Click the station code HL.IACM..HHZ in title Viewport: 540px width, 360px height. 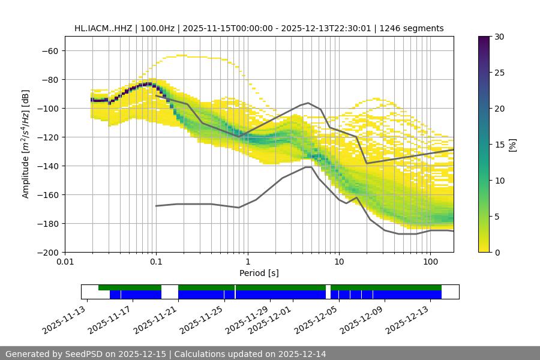pos(104,28)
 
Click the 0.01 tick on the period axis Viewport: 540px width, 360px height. pos(65,262)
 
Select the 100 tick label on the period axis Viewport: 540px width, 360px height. pos(430,262)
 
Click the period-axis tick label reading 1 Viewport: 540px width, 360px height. pos(247,262)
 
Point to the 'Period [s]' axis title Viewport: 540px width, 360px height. pos(259,273)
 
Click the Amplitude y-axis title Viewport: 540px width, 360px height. pos(26,144)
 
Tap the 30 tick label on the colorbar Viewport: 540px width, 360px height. pos(499,37)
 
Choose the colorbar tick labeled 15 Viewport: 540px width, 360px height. pos(499,144)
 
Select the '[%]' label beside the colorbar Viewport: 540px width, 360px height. pos(512,144)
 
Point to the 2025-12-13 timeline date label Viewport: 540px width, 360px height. pos(408,319)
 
